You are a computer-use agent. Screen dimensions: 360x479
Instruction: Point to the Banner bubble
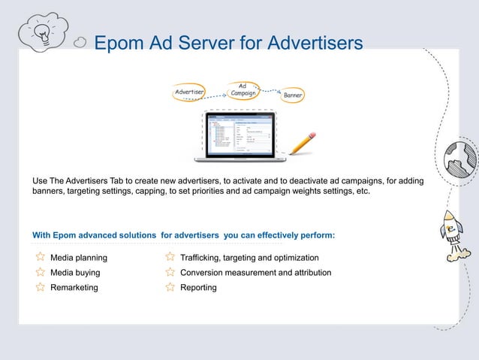(293, 96)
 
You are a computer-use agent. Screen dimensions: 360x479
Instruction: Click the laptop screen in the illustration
(240, 135)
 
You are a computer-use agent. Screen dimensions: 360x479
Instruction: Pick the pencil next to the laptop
(302, 142)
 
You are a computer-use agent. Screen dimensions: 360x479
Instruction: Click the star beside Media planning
(41, 258)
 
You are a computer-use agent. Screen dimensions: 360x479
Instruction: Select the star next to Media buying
(41, 272)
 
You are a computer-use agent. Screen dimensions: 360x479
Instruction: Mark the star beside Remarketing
(41, 287)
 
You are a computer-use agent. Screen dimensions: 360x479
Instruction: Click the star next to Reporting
(170, 287)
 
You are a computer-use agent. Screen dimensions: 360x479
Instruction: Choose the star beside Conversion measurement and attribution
(170, 272)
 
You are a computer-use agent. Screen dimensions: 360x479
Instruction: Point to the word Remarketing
(74, 287)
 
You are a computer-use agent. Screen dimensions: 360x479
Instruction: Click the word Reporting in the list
(198, 287)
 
